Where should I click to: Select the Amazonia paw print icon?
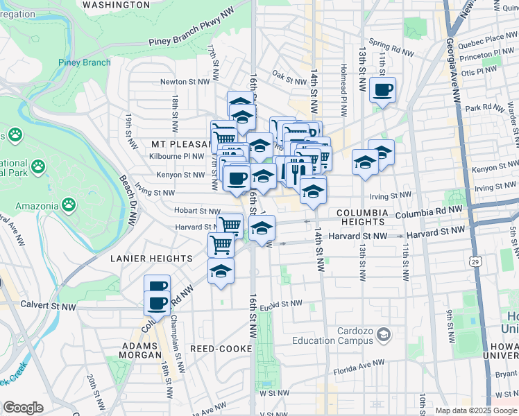pos(68,205)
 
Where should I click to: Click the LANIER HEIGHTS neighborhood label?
pos(151,259)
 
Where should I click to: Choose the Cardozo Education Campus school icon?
pos(382,336)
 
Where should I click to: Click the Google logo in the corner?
pos(23,408)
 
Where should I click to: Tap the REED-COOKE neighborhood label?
pos(216,349)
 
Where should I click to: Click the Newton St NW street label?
pos(185,82)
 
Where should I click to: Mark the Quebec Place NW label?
pos(491,39)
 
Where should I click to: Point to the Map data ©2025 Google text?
pos(476,410)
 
